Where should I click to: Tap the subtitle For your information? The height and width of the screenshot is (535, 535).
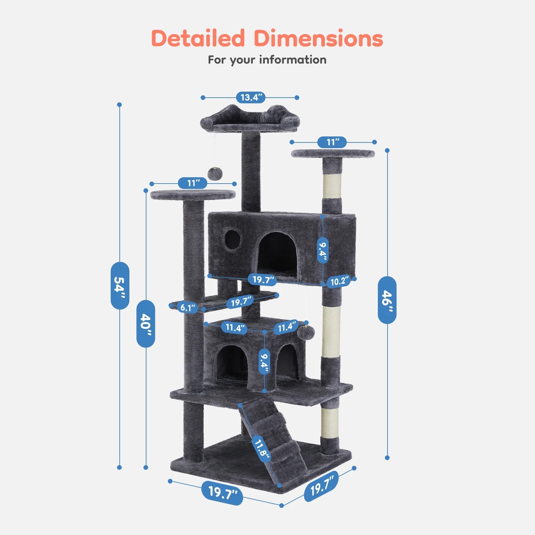[x=267, y=60]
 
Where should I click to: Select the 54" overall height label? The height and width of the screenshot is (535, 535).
[x=120, y=285]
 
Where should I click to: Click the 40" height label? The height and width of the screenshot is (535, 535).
[x=146, y=323]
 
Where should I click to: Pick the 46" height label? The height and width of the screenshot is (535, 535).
[x=387, y=300]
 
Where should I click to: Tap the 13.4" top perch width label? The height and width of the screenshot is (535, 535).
[x=251, y=98]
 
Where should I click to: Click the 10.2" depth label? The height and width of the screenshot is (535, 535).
[x=339, y=282]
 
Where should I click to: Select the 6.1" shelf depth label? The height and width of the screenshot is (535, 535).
[x=187, y=308]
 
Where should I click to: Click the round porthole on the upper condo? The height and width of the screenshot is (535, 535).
[x=232, y=238]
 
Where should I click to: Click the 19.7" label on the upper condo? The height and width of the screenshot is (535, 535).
[x=263, y=280]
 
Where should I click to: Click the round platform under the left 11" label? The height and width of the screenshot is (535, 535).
[x=193, y=194]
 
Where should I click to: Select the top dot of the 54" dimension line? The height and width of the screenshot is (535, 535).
[x=119, y=105]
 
